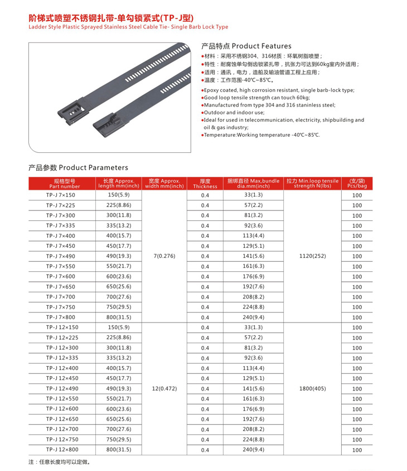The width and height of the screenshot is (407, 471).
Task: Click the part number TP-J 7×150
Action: [61, 195]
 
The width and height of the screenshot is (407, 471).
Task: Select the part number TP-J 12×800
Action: [62, 449]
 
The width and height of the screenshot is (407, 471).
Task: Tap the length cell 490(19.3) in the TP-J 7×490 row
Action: [118, 256]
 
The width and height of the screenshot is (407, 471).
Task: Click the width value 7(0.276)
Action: [164, 256]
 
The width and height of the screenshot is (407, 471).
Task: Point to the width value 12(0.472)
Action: [164, 388]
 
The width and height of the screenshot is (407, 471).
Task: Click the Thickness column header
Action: [205, 184]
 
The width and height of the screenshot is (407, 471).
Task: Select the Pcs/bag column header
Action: [357, 184]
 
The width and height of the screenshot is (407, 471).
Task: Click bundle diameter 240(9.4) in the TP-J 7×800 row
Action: [253, 317]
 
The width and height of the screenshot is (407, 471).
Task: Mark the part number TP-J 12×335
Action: [62, 358]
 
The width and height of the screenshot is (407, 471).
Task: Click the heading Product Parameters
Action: [78, 167]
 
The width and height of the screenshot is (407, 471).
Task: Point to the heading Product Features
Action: [246, 46]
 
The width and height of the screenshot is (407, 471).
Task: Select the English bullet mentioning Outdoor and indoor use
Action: [235, 112]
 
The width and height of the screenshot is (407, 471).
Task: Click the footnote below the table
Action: [59, 462]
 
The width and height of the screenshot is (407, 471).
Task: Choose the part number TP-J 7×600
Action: [61, 276]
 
